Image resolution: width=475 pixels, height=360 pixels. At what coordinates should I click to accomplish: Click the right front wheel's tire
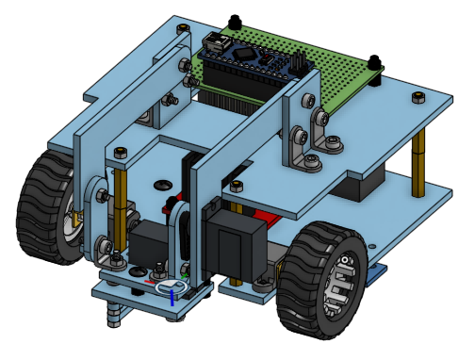pos(300,283)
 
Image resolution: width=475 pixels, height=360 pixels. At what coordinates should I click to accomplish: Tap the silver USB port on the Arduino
pos(219,42)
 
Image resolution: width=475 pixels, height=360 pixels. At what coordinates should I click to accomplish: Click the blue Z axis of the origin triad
pos(172,296)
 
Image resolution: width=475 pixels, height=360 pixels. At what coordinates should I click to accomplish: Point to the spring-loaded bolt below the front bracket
pos(114,311)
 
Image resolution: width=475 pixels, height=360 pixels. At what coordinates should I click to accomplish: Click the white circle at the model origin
pos(170,286)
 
